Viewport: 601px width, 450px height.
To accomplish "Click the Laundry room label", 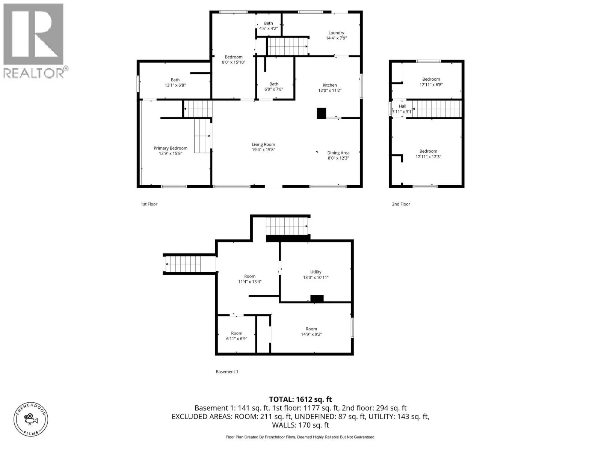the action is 336,33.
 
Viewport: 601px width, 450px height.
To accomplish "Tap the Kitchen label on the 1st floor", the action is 329,85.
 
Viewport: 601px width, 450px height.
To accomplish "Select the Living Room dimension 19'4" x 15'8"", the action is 263,150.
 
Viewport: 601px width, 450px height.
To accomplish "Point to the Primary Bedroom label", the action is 170,148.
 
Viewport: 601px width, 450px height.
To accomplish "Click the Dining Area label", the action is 338,153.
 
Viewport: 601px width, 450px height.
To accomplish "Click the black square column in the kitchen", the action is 321,113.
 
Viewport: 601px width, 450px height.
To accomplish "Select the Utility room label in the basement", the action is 316,272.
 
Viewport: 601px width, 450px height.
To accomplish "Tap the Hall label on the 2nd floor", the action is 402,106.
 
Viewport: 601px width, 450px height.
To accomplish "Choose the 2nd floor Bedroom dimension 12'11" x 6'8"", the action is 431,85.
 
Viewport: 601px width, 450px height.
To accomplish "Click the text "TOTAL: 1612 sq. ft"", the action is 300,399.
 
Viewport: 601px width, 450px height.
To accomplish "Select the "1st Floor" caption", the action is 149,204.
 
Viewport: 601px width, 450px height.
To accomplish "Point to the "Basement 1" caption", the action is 227,372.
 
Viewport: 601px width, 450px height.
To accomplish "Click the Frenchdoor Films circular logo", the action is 31,419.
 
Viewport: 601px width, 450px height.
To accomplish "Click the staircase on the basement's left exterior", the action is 183,264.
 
